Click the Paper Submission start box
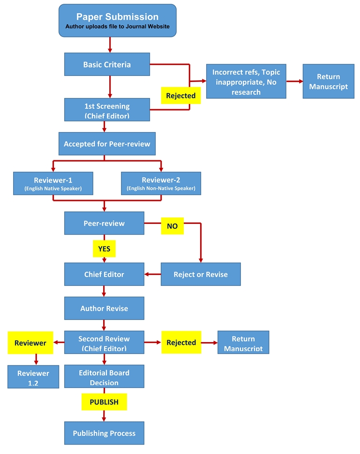(x=117, y=21)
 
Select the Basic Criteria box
(x=107, y=64)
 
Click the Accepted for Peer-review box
(x=107, y=144)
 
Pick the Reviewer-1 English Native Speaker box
(x=53, y=184)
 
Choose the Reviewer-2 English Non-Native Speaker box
(x=161, y=184)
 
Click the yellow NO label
(x=172, y=226)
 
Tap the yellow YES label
(x=104, y=249)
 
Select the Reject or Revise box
(x=201, y=274)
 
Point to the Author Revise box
(x=104, y=308)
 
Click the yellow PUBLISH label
(x=104, y=402)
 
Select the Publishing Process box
(x=104, y=433)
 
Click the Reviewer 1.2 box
(x=33, y=378)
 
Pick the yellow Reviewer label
(x=30, y=343)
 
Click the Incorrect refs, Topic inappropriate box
(x=246, y=82)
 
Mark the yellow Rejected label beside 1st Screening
(x=180, y=96)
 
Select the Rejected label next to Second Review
(x=181, y=342)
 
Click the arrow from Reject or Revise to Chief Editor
(x=152, y=274)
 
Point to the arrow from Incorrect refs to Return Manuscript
(x=294, y=81)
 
